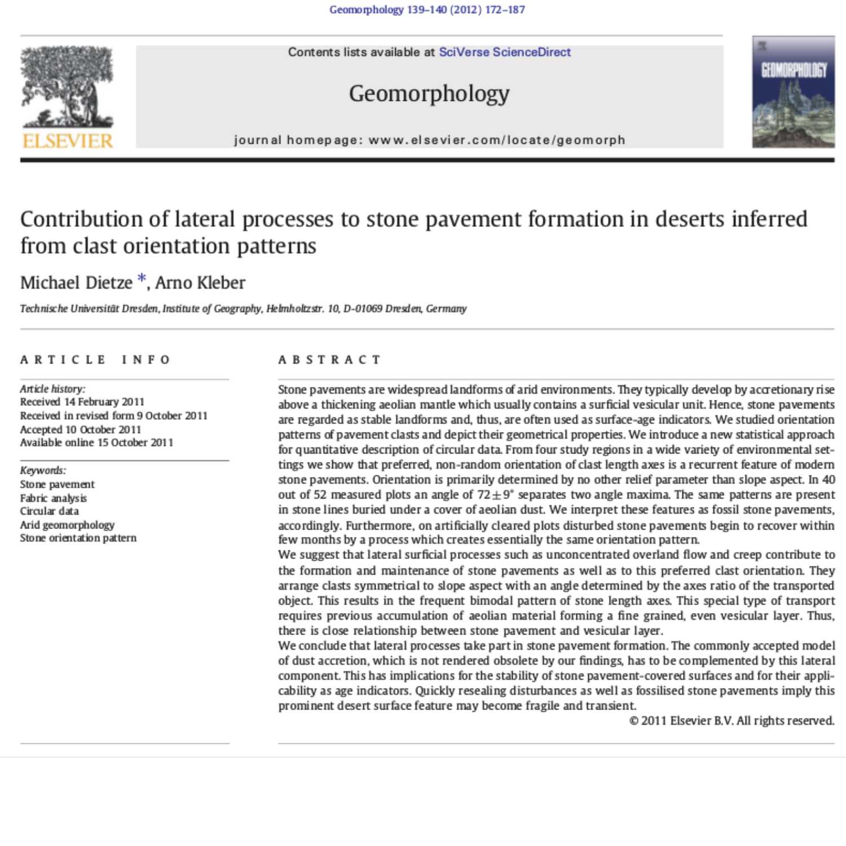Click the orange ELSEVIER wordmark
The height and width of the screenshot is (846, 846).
(x=68, y=141)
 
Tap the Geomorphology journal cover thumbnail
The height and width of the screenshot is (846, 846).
(x=793, y=92)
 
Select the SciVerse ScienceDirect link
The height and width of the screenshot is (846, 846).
(x=505, y=52)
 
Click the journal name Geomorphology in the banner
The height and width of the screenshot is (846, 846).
(x=429, y=94)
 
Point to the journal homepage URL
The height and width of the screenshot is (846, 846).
(x=496, y=140)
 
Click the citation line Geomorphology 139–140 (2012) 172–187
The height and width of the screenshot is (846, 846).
(x=427, y=10)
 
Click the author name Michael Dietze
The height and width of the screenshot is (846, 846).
(x=76, y=283)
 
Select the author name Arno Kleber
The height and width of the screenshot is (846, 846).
(x=200, y=283)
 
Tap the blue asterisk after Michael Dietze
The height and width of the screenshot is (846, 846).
(x=142, y=279)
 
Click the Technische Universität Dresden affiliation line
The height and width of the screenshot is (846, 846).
(x=243, y=309)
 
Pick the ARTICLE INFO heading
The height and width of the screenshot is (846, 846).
(x=95, y=360)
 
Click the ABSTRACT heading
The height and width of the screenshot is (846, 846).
(x=330, y=360)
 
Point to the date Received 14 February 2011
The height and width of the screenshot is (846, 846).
(x=82, y=402)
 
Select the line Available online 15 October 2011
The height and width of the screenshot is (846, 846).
(x=96, y=443)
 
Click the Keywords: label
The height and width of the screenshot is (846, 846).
(x=43, y=470)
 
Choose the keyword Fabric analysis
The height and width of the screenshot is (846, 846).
(x=54, y=498)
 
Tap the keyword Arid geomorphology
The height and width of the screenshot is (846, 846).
(x=67, y=525)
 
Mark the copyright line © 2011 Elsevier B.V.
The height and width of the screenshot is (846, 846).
(x=732, y=721)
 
